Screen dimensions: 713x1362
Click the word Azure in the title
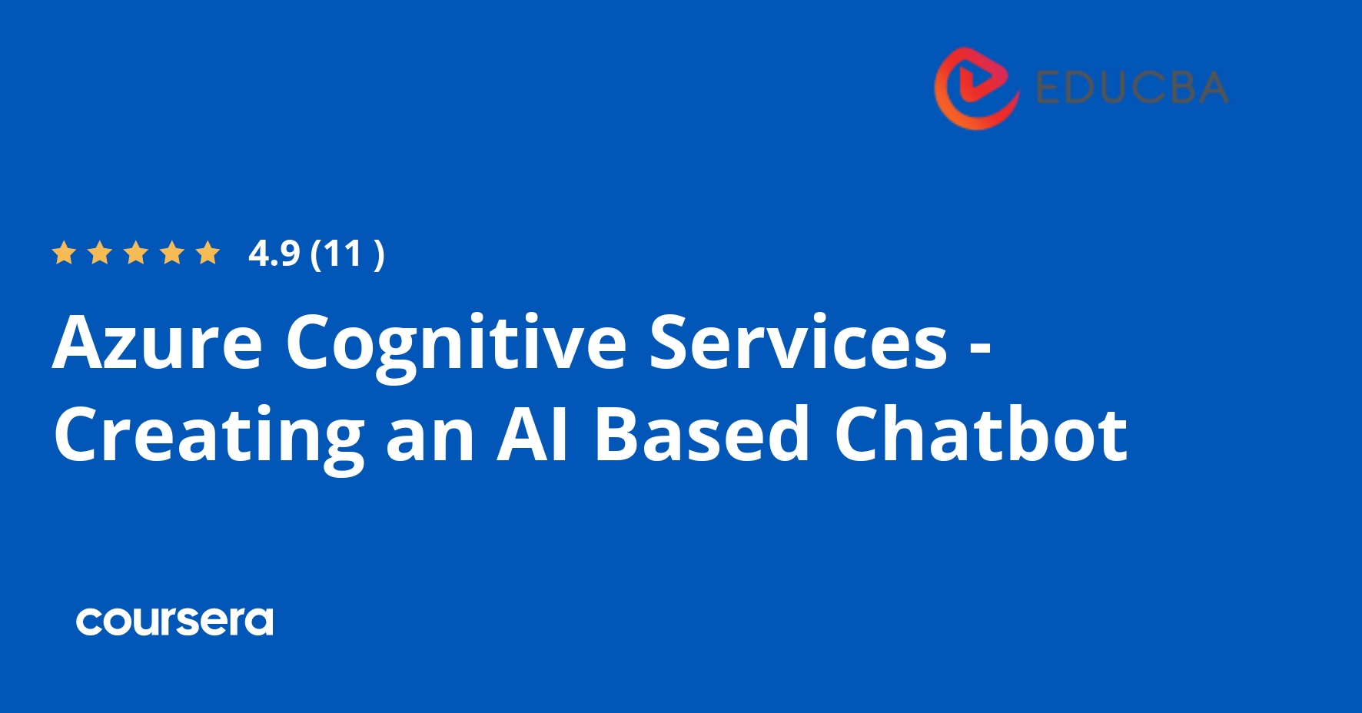[158, 343]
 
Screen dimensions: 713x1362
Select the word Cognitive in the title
[456, 343]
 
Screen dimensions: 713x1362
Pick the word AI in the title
[533, 434]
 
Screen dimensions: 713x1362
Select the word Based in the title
[702, 434]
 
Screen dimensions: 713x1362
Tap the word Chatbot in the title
[981, 434]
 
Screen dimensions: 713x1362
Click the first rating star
[63, 253]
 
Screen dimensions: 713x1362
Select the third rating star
[136, 253]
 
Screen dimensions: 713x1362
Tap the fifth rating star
[208, 253]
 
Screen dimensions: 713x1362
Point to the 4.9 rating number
[274, 254]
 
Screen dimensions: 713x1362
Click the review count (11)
[347, 254]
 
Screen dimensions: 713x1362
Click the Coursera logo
[174, 621]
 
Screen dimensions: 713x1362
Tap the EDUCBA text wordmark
[1131, 88]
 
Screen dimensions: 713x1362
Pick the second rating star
[100, 253]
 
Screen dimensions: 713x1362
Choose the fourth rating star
[172, 253]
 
